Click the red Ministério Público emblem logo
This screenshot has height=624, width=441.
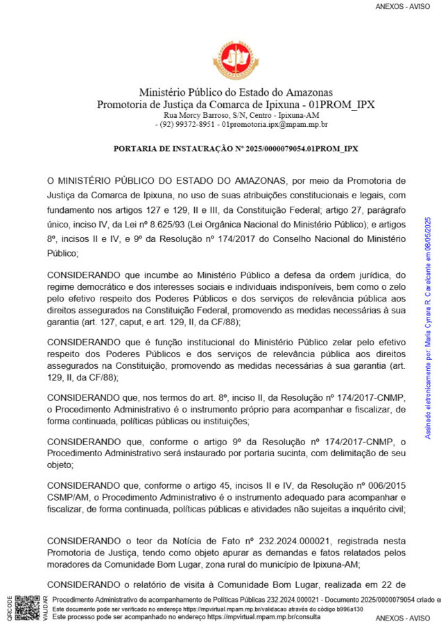coord(236,59)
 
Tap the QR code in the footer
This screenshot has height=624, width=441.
coord(27,607)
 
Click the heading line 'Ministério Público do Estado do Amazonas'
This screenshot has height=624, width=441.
coord(236,92)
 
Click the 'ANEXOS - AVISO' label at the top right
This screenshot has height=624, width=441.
coord(403,6)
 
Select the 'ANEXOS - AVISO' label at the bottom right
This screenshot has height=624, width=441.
coord(403,618)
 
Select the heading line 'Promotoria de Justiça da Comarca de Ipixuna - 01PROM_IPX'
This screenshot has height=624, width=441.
coord(236,104)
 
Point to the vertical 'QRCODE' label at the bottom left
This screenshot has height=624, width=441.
coord(8,608)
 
